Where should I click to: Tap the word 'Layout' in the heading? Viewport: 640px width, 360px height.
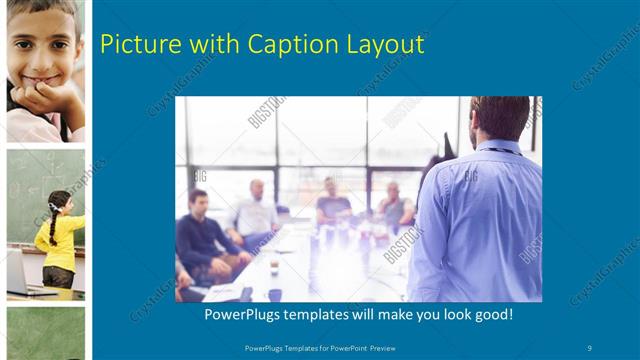click(x=385, y=45)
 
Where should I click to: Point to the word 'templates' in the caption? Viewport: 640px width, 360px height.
click(x=330, y=314)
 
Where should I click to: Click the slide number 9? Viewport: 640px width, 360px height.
click(x=590, y=347)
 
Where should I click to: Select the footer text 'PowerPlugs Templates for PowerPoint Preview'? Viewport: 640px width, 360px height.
click(x=319, y=347)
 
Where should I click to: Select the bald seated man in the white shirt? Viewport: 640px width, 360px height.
click(x=255, y=210)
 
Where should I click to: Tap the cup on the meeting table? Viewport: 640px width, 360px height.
click(x=274, y=269)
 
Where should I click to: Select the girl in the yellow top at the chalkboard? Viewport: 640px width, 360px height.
click(x=60, y=240)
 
